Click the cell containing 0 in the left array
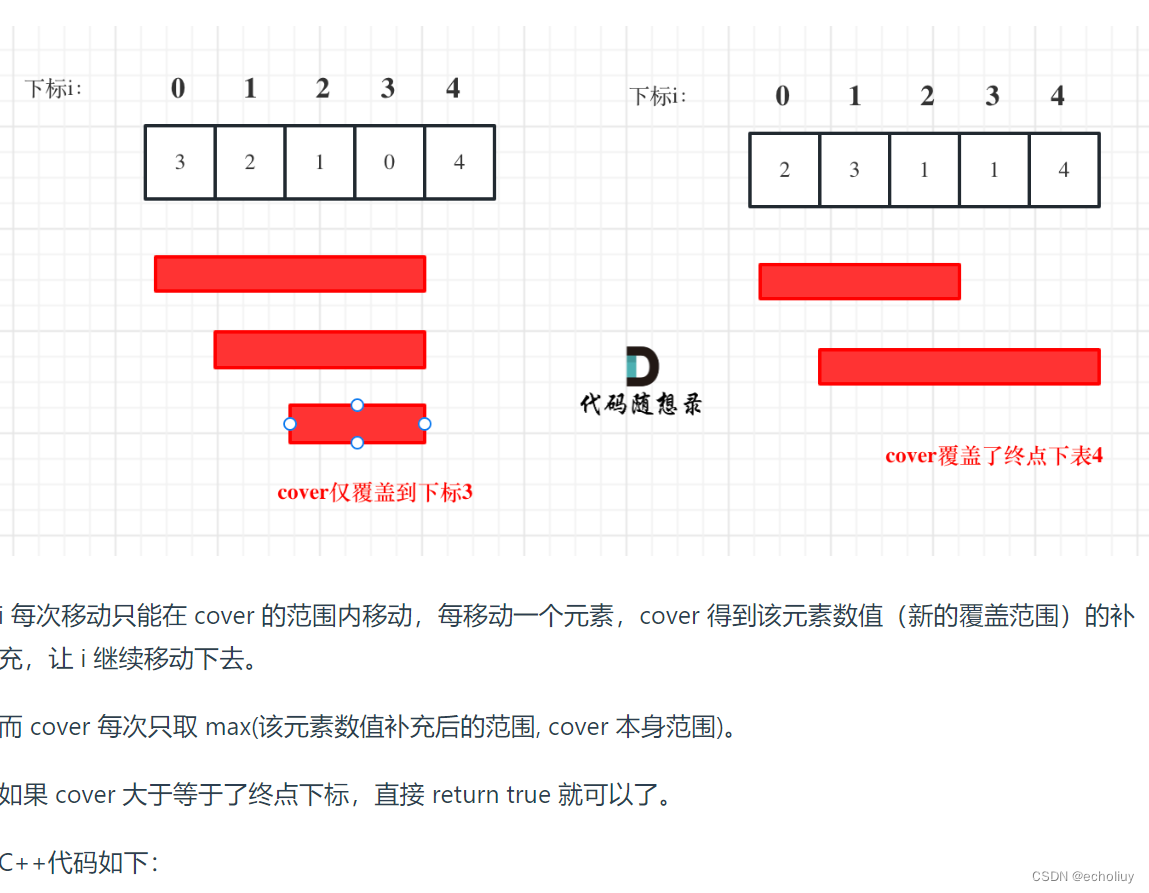click(389, 162)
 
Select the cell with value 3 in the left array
click(180, 162)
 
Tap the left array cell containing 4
click(459, 162)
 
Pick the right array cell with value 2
click(784, 170)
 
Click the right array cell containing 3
click(854, 170)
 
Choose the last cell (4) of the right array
click(1064, 170)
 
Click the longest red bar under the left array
click(290, 274)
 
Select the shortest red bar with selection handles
click(357, 424)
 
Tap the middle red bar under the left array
click(320, 349)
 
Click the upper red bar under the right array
click(859, 281)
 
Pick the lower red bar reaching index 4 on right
click(959, 366)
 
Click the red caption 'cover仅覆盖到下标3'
click(374, 492)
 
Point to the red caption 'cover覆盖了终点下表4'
click(994, 456)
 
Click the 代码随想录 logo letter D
click(641, 367)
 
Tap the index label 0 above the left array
click(178, 88)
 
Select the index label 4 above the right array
click(1058, 96)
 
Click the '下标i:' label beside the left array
click(53, 88)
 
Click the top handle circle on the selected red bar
click(357, 405)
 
